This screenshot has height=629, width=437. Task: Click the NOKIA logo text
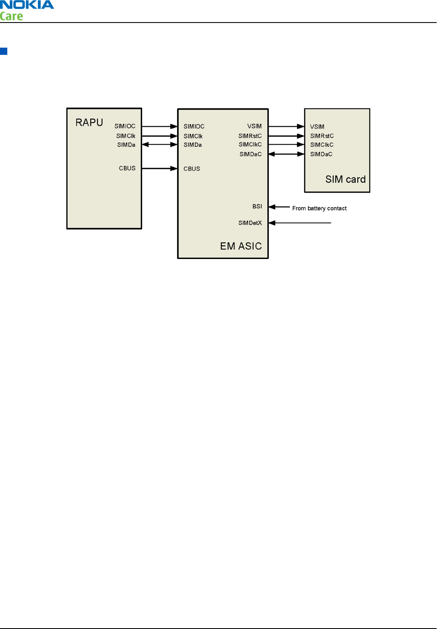click(27, 5)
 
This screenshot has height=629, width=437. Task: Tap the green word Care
click(11, 16)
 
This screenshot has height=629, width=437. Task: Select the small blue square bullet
click(4, 51)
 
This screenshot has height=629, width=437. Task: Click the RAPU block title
click(89, 122)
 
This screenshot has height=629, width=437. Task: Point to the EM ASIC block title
click(241, 246)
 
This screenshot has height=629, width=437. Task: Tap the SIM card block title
click(346, 179)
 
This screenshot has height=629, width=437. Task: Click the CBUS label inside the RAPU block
click(127, 168)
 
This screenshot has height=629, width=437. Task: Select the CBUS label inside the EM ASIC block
click(192, 169)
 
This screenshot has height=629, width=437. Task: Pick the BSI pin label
click(257, 207)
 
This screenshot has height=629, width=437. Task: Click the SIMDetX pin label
click(250, 223)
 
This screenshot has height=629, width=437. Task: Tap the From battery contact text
click(319, 208)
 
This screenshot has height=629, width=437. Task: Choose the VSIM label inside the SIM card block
click(317, 127)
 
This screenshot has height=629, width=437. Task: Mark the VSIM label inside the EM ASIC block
click(254, 126)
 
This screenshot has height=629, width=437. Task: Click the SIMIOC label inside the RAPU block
click(125, 126)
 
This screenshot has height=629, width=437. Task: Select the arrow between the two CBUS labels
click(160, 168)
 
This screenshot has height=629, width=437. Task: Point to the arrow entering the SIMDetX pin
click(300, 223)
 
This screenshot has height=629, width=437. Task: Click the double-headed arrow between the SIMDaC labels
click(286, 154)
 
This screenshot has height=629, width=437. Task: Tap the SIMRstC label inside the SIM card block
click(322, 136)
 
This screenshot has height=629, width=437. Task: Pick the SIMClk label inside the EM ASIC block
click(193, 137)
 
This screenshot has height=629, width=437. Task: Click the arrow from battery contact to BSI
click(280, 207)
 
